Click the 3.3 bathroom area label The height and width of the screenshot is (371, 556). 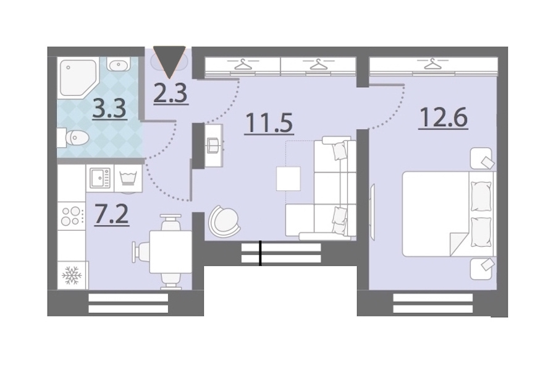point(109,109)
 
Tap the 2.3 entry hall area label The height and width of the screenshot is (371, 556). point(171,93)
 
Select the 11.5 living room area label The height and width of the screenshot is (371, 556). point(269,123)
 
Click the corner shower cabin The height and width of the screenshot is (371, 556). point(79,78)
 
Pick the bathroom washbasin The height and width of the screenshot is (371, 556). point(118,65)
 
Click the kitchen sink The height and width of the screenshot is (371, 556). point(100,178)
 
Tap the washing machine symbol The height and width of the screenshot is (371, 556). point(128,178)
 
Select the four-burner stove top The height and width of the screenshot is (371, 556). point(72,216)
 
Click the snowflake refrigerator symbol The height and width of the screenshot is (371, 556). point(72,275)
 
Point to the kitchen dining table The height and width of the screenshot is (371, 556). point(171,252)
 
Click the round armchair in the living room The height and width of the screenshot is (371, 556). point(224,221)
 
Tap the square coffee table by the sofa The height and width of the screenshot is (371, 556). point(289,179)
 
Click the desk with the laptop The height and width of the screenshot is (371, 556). point(214,145)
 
